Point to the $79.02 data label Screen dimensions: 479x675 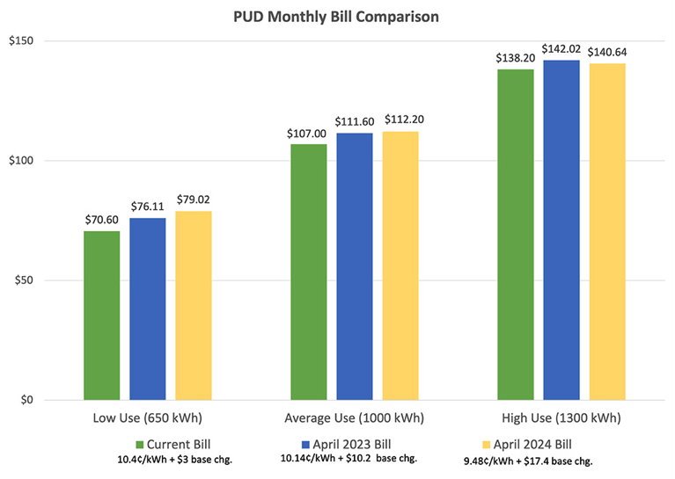(194, 200)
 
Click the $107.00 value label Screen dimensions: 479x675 (308, 133)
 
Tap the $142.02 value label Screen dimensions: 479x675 (561, 48)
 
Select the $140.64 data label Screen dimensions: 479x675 (607, 52)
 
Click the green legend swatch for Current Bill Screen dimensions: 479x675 (139, 443)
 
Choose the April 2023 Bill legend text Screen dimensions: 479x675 (344, 443)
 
